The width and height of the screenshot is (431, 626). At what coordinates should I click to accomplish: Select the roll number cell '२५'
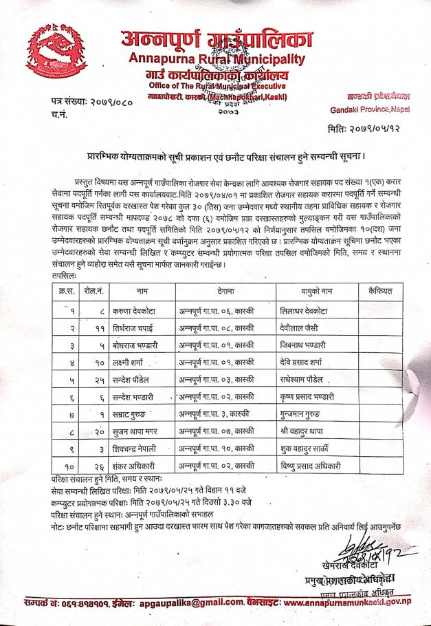pyautogui.click(x=100, y=379)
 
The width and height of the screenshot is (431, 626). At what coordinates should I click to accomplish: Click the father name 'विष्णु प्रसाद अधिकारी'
pyautogui.click(x=316, y=467)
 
